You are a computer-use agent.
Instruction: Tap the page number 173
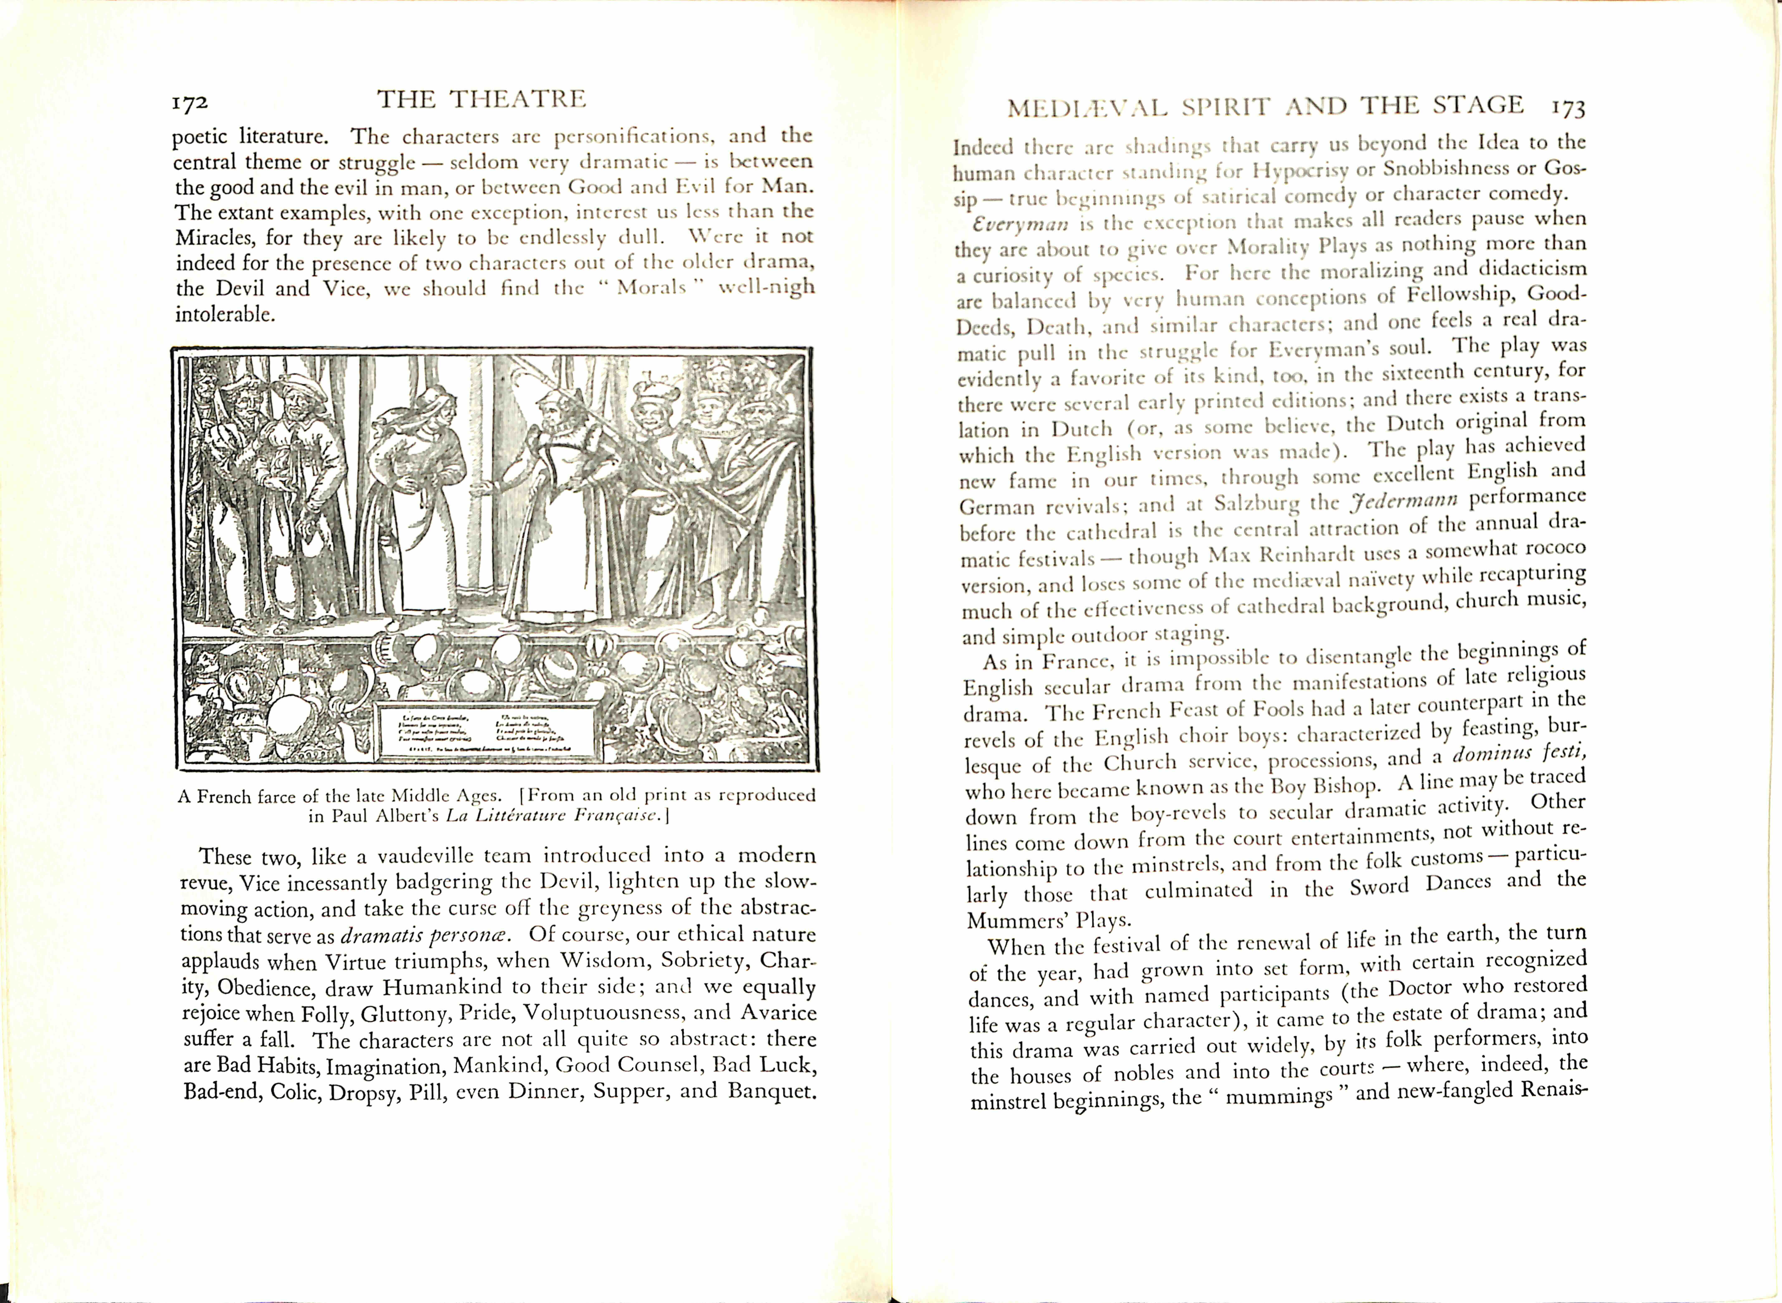[1567, 107]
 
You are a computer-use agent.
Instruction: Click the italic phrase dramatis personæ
[426, 935]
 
